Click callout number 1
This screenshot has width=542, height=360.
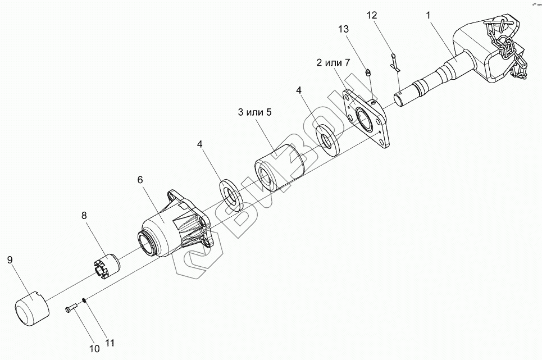[429, 16]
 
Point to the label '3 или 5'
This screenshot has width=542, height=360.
[254, 112]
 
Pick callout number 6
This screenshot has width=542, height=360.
[140, 180]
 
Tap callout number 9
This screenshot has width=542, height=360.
[10, 260]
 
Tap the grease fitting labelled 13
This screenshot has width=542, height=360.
[368, 72]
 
